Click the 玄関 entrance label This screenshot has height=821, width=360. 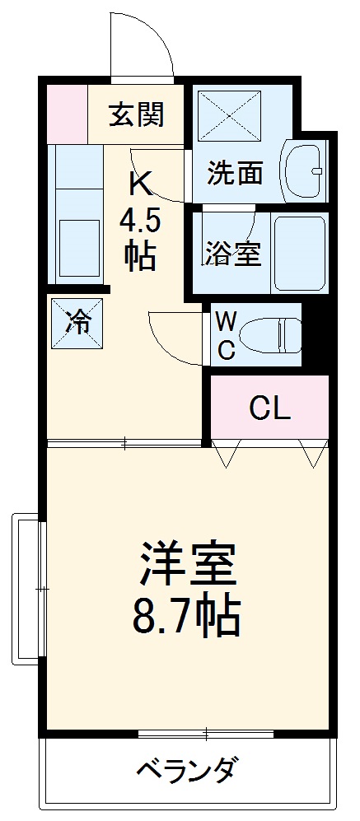[136, 114]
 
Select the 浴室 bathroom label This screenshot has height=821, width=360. [233, 254]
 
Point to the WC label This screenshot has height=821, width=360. [227, 335]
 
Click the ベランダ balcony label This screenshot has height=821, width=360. [188, 772]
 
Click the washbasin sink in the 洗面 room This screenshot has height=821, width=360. [305, 169]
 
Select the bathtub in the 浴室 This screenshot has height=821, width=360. [300, 254]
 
